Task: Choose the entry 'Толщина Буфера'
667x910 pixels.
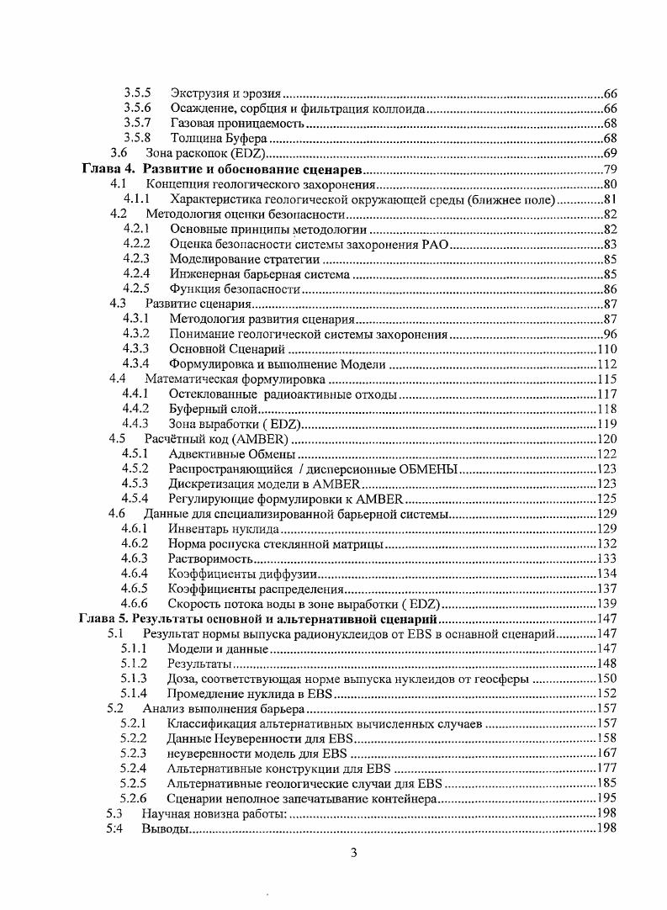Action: click(x=218, y=138)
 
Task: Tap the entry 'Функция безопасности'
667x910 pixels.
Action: click(x=235, y=289)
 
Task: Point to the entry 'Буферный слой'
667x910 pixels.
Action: click(x=210, y=409)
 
